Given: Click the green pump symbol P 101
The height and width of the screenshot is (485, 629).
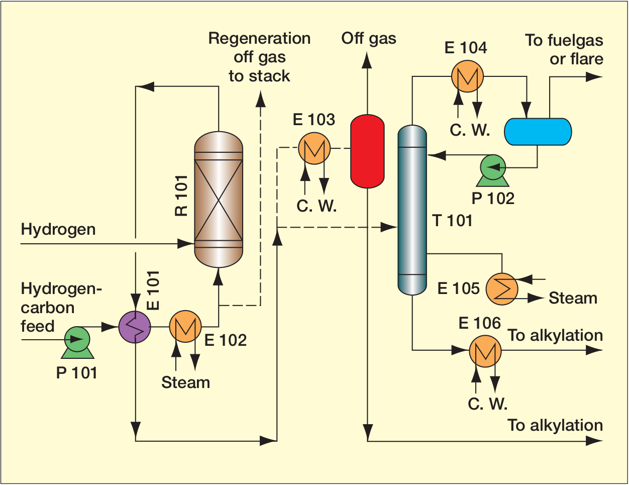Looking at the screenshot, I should [77, 340].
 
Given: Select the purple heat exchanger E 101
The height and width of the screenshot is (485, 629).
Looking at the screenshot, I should [134, 327].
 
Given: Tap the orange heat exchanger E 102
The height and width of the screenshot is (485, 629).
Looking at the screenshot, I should [185, 327].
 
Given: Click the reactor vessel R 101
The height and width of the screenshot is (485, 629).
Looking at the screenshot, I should [219, 200].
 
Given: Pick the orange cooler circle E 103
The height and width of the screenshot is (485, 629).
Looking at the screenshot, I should [314, 148].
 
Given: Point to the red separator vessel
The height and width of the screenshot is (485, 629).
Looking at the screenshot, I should [367, 151].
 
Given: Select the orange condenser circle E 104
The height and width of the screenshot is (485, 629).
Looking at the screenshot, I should [467, 76].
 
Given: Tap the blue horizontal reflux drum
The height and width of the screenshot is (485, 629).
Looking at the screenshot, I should [538, 132].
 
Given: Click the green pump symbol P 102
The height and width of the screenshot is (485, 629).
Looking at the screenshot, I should [493, 167].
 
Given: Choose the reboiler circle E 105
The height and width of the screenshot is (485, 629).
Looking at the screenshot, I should [501, 289].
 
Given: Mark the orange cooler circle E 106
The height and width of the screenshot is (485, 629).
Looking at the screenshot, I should [485, 351].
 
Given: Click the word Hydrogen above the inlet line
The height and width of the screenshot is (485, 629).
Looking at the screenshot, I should [58, 230].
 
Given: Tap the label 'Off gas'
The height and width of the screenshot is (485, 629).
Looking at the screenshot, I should [369, 38].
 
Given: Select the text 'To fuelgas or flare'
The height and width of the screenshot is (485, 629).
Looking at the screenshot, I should [564, 49].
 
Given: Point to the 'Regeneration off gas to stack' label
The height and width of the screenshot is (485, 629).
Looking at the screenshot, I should [259, 57].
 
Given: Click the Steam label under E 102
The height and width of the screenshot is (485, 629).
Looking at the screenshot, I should [185, 382].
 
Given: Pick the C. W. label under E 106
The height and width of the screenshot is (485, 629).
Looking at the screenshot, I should [487, 404].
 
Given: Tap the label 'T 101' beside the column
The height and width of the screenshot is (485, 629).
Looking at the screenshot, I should [452, 220].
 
